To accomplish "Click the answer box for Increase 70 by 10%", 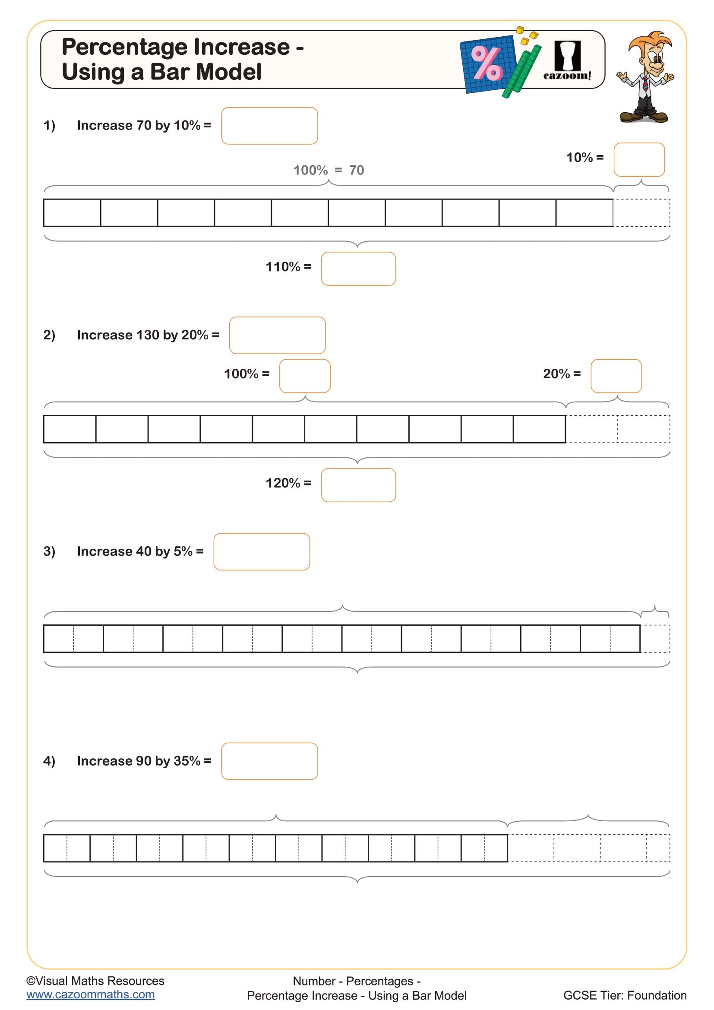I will pyautogui.click(x=269, y=126).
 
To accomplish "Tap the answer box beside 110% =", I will pyautogui.click(x=358, y=269).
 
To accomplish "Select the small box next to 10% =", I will pyautogui.click(x=638, y=160).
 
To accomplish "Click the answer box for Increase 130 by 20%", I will pyautogui.click(x=277, y=335).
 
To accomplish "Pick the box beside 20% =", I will pyautogui.click(x=616, y=376).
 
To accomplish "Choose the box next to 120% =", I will pyautogui.click(x=358, y=485).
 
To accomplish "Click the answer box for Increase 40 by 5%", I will pyautogui.click(x=262, y=551).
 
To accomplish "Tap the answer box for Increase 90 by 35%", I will pyautogui.click(x=269, y=761).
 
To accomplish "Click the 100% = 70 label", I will pyautogui.click(x=329, y=170).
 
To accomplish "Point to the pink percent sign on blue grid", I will pyautogui.click(x=486, y=64).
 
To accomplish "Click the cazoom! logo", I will pyautogui.click(x=567, y=62).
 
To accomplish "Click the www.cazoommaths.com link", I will pyautogui.click(x=91, y=994).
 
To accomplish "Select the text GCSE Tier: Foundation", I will pyautogui.click(x=624, y=995).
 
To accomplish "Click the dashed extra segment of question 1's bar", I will pyautogui.click(x=641, y=213).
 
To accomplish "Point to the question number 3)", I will pyautogui.click(x=49, y=551).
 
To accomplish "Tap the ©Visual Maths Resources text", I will pyautogui.click(x=95, y=981).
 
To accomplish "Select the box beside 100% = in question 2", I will pyautogui.click(x=304, y=376).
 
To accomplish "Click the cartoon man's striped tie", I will pyautogui.click(x=645, y=84).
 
